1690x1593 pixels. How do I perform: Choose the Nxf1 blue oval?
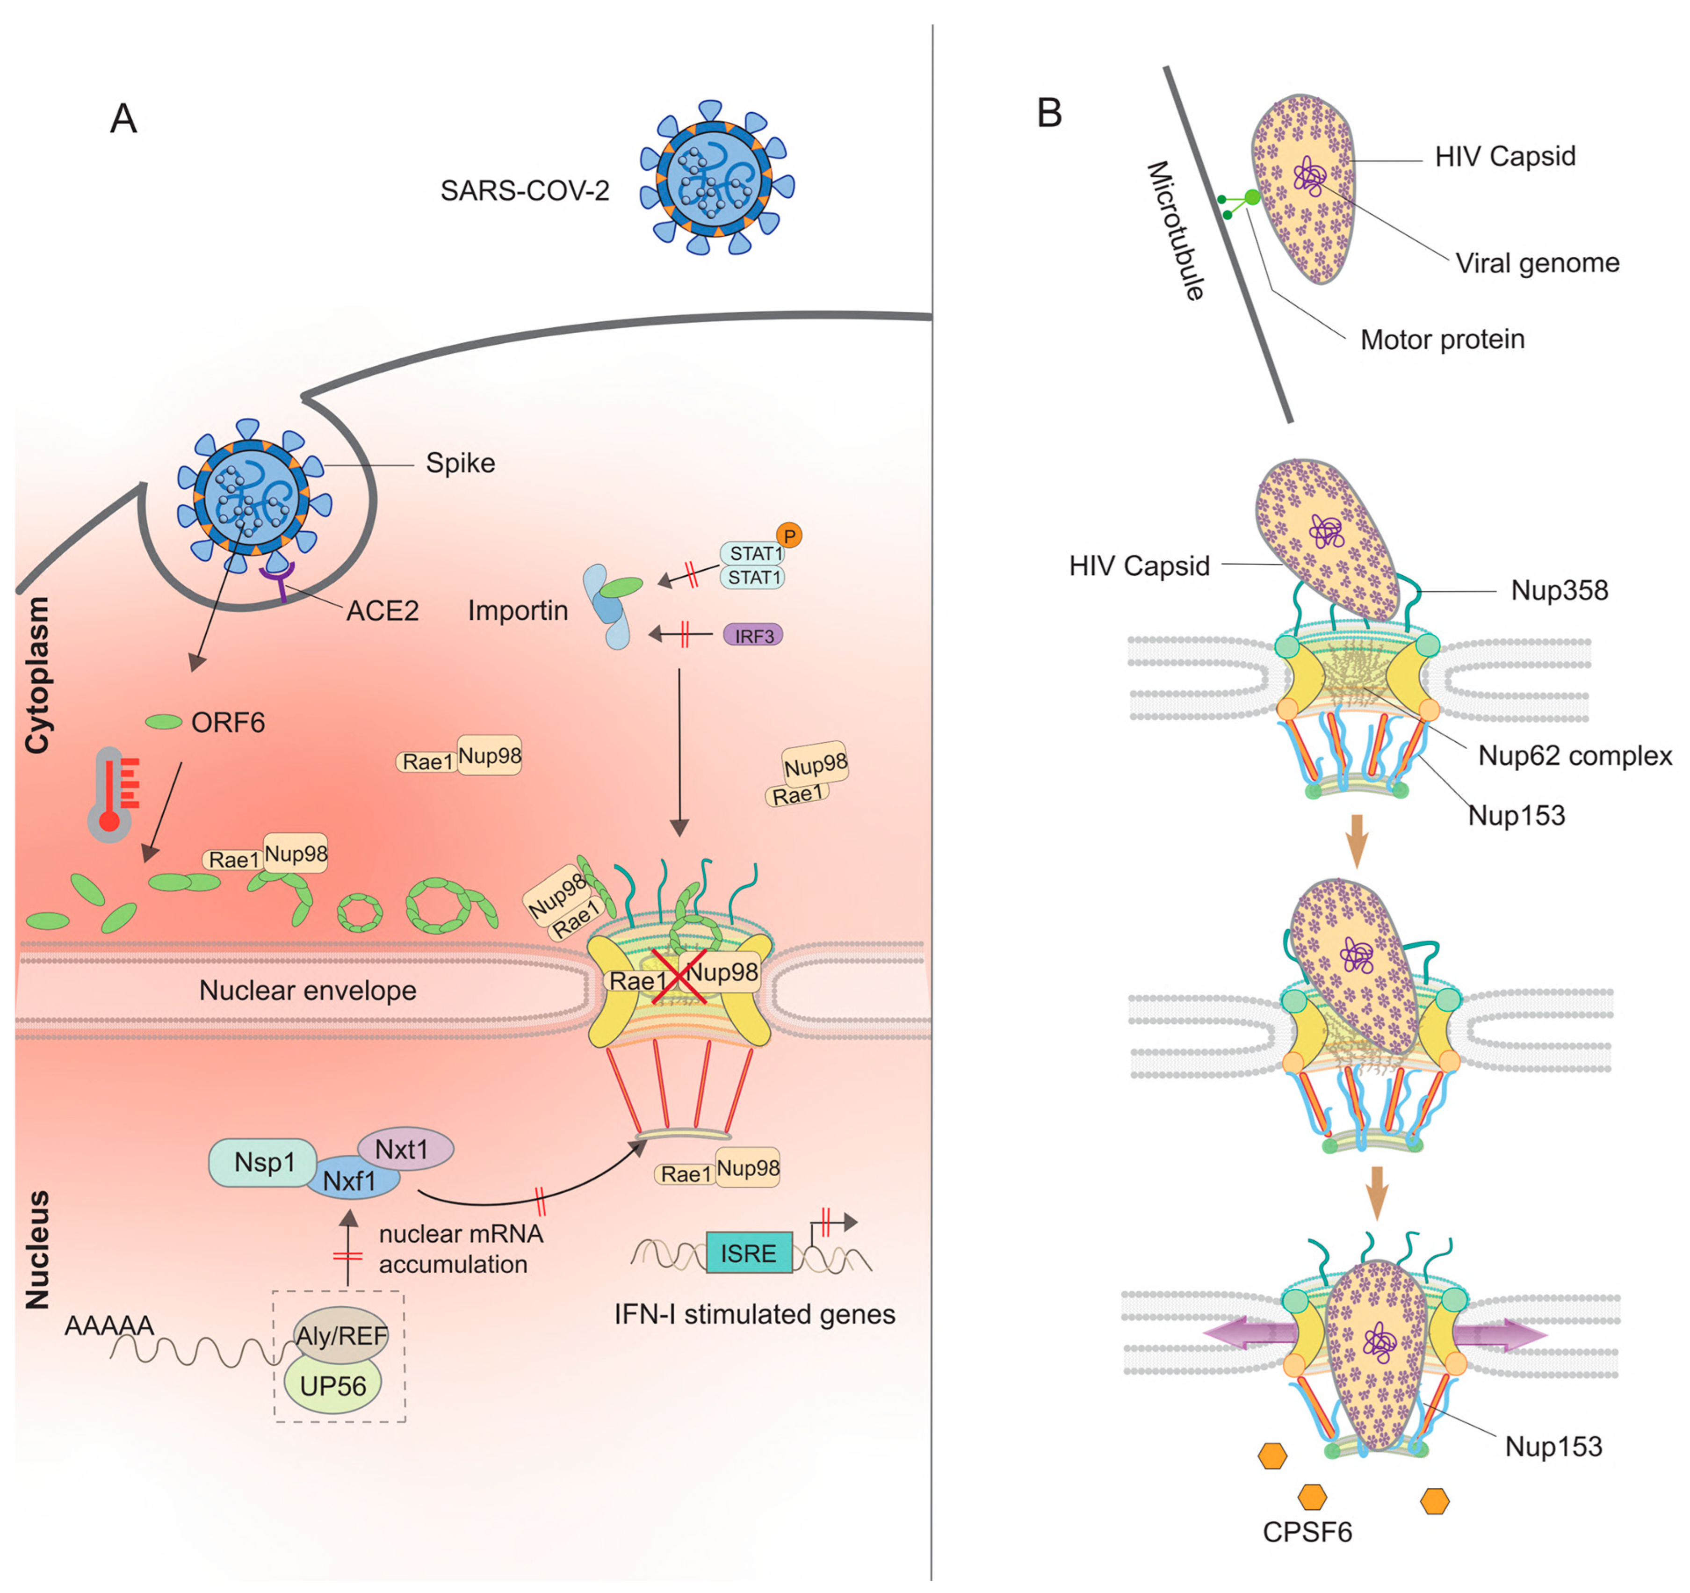point(350,1181)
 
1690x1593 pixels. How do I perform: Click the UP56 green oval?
point(332,1386)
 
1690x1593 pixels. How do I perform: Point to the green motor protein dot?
point(1251,198)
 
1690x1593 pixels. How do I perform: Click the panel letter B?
point(1049,113)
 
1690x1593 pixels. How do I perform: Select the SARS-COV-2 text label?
point(525,190)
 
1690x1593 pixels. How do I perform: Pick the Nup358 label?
point(1559,590)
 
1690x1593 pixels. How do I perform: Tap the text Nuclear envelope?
point(308,990)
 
